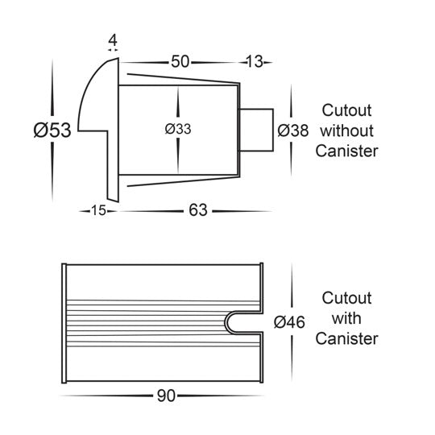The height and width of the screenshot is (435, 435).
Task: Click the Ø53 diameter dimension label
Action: point(52,130)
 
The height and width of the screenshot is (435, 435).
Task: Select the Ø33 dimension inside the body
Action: point(178,129)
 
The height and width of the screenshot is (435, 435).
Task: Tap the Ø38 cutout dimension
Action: point(293,130)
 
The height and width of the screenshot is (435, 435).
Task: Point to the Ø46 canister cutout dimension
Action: point(289,322)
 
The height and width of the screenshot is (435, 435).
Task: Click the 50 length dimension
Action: point(180,61)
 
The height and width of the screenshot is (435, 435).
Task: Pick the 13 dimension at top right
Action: point(254,61)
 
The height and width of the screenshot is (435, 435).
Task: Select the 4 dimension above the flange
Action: point(113,41)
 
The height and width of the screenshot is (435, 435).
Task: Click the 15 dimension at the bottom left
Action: point(98,210)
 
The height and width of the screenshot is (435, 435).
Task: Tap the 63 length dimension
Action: point(198,210)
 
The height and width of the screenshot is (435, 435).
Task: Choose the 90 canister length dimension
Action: point(166,396)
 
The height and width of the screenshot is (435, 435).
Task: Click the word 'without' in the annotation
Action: point(346,130)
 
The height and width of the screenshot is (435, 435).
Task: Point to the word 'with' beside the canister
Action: point(346,318)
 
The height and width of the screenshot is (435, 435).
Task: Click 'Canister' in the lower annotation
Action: point(346,338)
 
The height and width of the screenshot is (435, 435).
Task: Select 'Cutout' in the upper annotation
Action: point(346,110)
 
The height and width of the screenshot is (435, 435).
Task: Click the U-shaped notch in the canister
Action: point(226,321)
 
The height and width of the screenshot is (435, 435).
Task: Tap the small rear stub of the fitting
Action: point(256,130)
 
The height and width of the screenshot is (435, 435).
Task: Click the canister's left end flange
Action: point(64,323)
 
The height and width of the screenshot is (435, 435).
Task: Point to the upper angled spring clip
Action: point(183,78)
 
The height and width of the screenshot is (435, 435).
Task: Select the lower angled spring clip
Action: point(183,181)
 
